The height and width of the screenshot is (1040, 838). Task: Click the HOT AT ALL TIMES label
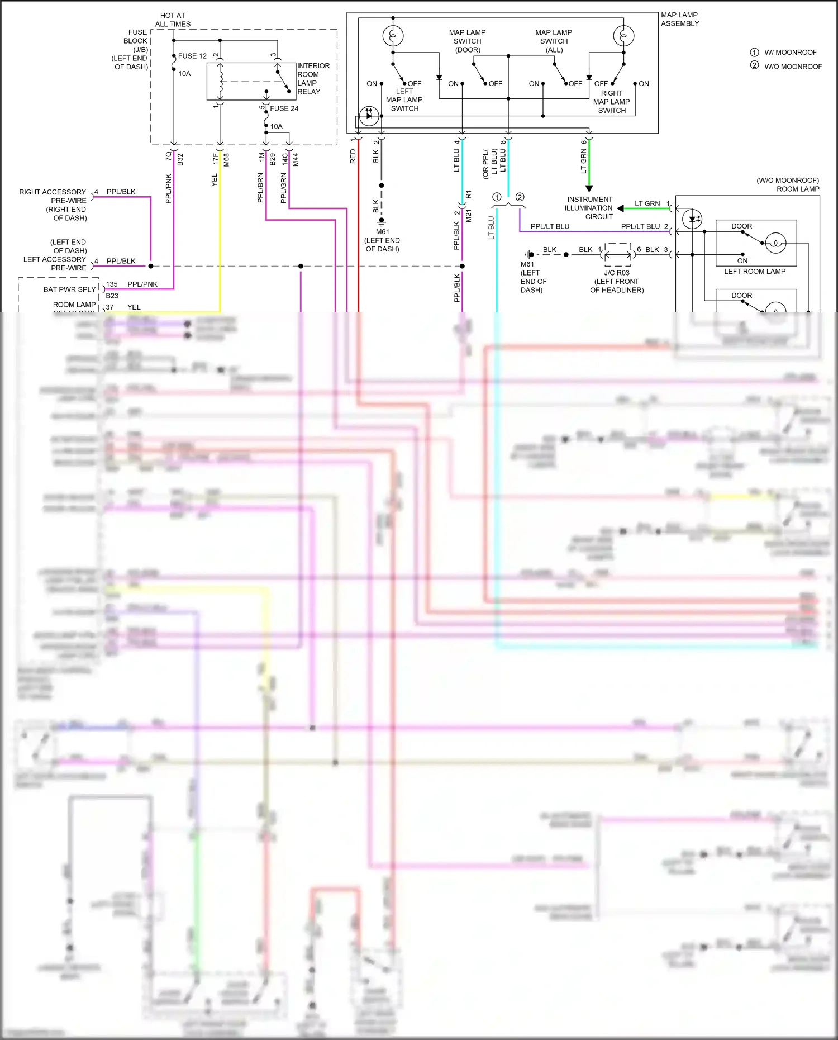pos(173,20)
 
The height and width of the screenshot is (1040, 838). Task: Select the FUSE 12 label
pos(192,56)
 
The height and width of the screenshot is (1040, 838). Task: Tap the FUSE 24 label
pos(284,108)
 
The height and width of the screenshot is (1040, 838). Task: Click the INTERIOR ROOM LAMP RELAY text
pos(313,79)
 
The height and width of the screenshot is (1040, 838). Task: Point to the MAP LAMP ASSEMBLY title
pos(679,20)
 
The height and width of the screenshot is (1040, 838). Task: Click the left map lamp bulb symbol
pos(393,36)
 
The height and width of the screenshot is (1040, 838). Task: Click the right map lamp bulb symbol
pos(623,36)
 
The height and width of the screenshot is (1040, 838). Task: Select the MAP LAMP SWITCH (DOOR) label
pos(467,41)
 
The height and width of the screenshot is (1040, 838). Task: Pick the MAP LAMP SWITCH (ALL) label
pos(554,41)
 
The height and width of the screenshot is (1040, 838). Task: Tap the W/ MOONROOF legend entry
pos(790,53)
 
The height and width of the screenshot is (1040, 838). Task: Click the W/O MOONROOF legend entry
pos(793,67)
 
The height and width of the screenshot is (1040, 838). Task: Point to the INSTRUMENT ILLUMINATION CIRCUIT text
pos(589,208)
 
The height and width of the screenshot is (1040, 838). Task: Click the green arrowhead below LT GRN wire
pos(589,188)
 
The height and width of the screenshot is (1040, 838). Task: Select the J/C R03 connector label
pos(617,273)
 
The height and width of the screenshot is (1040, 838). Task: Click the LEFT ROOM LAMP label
pos(755,272)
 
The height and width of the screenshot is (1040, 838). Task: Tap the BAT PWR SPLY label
pos(70,289)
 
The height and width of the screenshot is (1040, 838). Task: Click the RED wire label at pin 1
pos(353,156)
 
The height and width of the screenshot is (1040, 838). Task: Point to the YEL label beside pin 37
pos(134,307)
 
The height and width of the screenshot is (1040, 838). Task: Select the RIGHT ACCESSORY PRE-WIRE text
pos(53,205)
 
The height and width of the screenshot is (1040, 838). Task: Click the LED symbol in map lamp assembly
pos(369,116)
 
